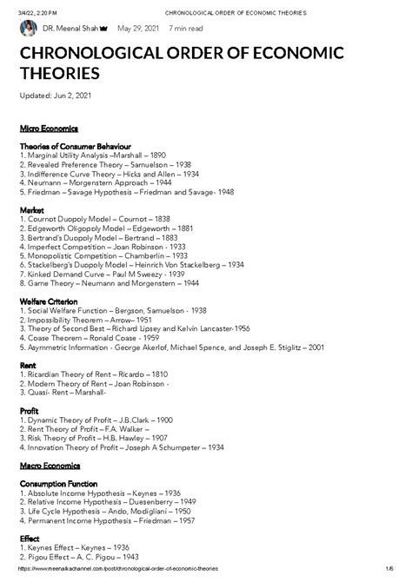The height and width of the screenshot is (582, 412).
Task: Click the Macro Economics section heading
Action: tap(50, 466)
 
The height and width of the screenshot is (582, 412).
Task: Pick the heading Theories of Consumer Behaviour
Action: tap(75, 146)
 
